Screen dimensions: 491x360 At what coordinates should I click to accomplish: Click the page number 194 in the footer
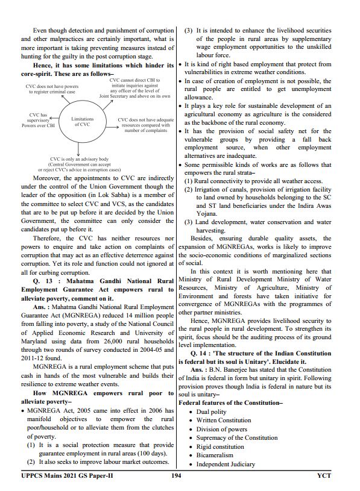click(176, 476)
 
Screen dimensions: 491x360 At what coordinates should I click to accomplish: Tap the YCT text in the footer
click(324, 476)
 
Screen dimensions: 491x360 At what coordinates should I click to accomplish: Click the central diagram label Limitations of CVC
click(82, 122)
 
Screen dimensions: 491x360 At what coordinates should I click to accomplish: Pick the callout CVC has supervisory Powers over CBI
click(38, 120)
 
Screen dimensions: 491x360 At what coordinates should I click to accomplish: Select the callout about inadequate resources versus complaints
click(145, 125)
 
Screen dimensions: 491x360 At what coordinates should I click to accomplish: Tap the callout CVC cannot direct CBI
click(134, 87)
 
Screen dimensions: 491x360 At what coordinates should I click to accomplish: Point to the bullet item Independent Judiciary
click(226, 464)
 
